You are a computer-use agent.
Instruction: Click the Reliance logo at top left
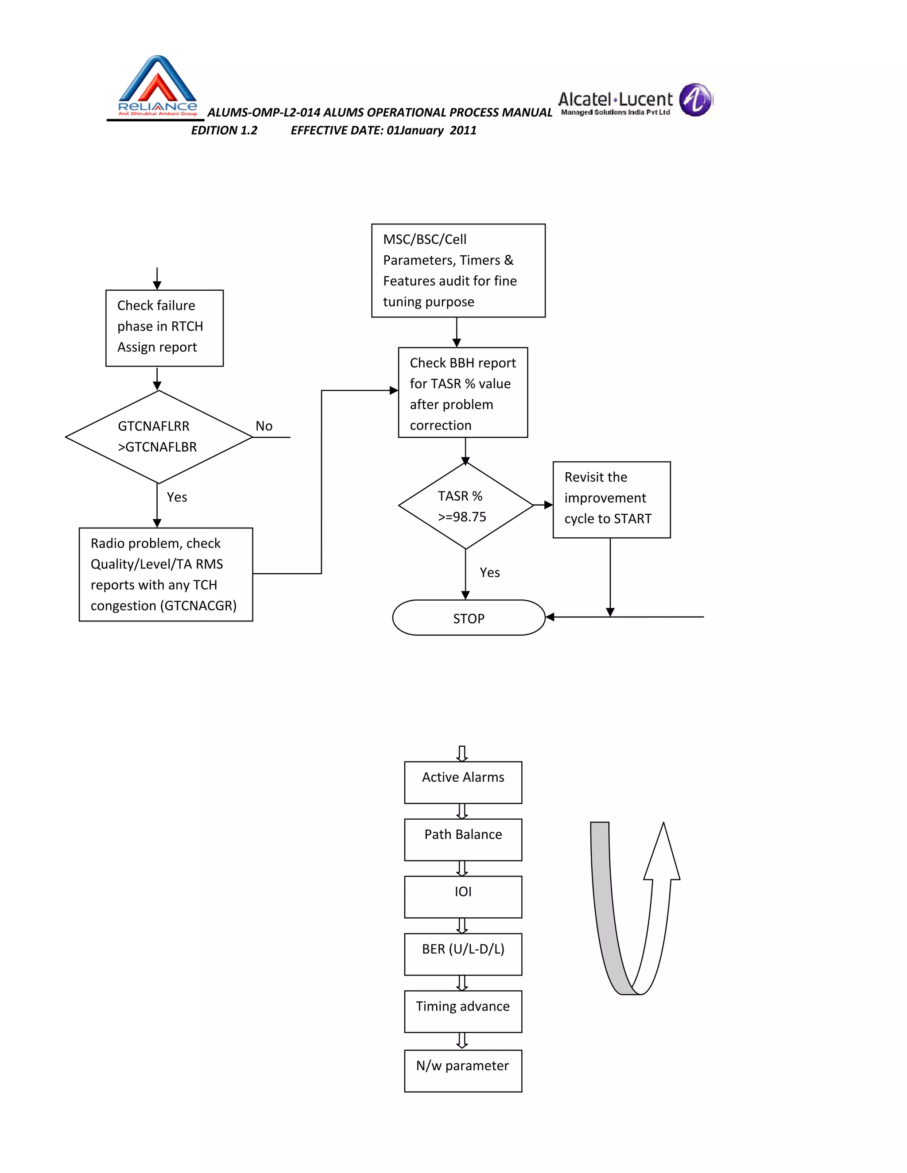click(157, 86)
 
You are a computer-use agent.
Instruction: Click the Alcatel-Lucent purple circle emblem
click(695, 100)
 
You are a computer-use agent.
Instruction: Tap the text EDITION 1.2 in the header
click(224, 131)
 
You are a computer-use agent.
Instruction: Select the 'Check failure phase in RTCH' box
click(164, 328)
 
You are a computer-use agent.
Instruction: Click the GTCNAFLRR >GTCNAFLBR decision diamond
click(159, 436)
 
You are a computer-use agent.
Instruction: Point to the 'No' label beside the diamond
click(264, 426)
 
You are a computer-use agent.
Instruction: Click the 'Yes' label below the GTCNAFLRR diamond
click(177, 498)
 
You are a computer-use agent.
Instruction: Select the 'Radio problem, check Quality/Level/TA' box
click(166, 574)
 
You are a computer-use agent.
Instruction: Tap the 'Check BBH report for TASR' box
click(463, 393)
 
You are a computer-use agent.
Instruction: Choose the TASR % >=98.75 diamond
click(465, 506)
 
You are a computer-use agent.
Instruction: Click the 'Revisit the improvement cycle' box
click(612, 499)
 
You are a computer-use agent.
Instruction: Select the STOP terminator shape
click(469, 618)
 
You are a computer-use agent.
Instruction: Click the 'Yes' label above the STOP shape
click(489, 572)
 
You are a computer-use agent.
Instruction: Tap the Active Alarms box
click(463, 782)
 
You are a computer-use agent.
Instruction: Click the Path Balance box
click(463, 839)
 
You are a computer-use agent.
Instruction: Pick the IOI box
click(463, 897)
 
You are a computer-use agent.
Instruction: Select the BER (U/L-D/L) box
click(463, 954)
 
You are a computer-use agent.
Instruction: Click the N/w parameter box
click(463, 1070)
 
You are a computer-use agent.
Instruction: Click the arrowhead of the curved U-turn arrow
click(663, 854)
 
